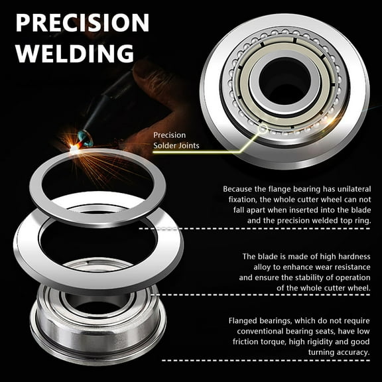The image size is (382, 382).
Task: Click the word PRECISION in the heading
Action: click(82, 23)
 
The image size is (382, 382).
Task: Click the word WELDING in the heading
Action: click(75, 53)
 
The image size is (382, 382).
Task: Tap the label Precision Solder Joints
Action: click(176, 141)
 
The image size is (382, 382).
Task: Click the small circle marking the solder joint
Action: click(263, 129)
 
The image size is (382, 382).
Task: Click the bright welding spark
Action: click(74, 148)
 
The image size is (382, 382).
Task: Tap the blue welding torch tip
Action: click(85, 138)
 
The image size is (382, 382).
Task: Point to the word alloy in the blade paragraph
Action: click(262, 267)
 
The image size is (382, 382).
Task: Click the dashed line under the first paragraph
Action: click(255, 229)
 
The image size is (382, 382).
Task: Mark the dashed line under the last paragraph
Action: click(266, 360)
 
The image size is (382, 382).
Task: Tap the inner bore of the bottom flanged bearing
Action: click(97, 303)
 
